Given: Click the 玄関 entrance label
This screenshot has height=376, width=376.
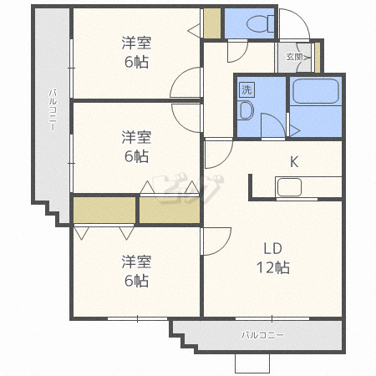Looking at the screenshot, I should point(294,57).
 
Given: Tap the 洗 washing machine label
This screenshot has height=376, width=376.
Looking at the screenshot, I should point(246,89).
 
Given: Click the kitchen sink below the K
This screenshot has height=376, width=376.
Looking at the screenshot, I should point(290,188).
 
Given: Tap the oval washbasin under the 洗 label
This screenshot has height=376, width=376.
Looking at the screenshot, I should point(246,110).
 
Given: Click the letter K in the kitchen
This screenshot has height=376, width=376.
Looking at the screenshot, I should point(293,161).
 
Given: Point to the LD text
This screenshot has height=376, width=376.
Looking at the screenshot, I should point(272,249).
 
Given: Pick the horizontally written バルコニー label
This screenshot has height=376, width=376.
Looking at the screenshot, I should point(262,335).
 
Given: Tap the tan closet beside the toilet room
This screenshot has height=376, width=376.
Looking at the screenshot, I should point(213,23).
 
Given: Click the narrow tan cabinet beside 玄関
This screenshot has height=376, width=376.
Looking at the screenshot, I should point(318,56).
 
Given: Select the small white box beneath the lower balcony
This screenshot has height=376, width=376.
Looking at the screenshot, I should point(253,363).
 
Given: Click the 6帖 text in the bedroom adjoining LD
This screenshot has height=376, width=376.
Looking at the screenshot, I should point(135,281).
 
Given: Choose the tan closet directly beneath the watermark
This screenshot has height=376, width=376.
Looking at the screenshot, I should point(170,210).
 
